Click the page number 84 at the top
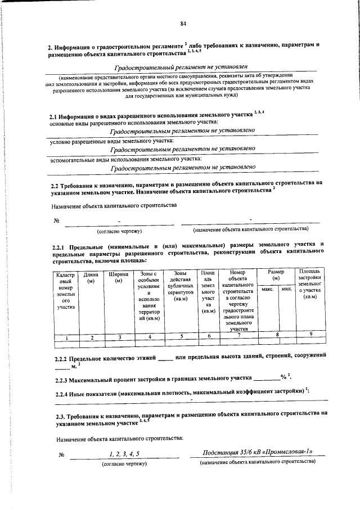[183, 24]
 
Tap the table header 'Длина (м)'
[91, 277]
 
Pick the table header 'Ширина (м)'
[118, 277]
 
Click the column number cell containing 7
[239, 336]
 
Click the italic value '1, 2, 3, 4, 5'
[124, 454]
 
